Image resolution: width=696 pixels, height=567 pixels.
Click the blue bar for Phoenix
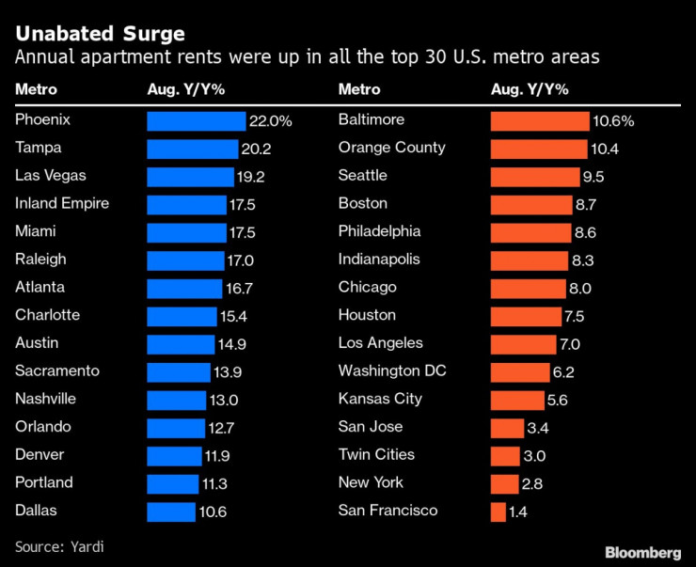(x=196, y=121)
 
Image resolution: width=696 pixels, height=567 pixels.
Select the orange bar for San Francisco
(x=498, y=512)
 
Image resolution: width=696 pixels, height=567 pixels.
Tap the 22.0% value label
(x=271, y=121)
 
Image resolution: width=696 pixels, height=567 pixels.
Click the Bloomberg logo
(x=642, y=551)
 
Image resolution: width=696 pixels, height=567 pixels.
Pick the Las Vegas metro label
(x=52, y=176)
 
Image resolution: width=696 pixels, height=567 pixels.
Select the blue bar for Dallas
(x=170, y=512)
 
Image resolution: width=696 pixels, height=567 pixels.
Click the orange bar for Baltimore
(x=540, y=121)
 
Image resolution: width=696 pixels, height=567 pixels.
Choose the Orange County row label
(x=391, y=148)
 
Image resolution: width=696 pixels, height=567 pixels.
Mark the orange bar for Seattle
(x=535, y=177)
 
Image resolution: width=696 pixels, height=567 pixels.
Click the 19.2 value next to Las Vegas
(x=251, y=177)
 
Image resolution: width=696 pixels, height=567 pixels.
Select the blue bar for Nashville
(x=176, y=400)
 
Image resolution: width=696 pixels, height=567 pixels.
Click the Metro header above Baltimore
(x=359, y=89)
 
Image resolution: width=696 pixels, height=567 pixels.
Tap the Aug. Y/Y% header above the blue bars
(x=185, y=89)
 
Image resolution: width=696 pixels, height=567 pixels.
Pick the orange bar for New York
(x=504, y=483)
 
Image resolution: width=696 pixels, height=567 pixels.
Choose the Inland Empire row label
(x=62, y=204)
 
